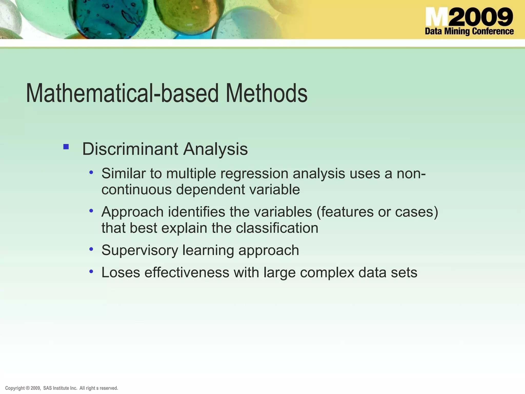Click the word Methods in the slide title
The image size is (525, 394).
pyautogui.click(x=266, y=93)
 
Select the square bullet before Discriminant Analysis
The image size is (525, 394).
pyautogui.click(x=66, y=147)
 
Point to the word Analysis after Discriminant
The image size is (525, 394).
pyautogui.click(x=215, y=149)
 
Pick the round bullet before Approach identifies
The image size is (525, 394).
pyautogui.click(x=91, y=211)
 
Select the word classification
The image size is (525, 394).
pyautogui.click(x=277, y=228)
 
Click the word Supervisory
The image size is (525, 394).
pyautogui.click(x=139, y=250)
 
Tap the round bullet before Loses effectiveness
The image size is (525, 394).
pyautogui.click(x=91, y=271)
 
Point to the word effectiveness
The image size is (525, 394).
pyautogui.click(x=187, y=272)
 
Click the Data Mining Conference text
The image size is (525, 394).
pyautogui.click(x=469, y=31)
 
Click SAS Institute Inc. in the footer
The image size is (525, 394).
pyautogui.click(x=60, y=388)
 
